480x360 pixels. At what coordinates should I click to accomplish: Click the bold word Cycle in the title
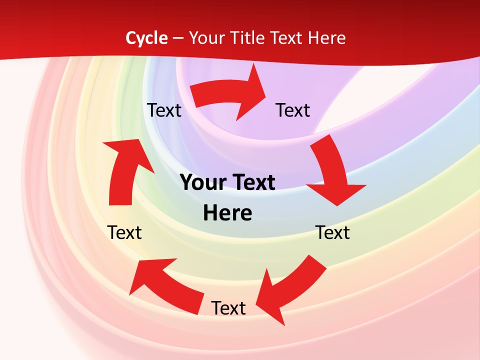146,38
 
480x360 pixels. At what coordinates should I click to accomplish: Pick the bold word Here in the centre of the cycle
227,213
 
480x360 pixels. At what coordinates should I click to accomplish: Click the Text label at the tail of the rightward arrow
164,110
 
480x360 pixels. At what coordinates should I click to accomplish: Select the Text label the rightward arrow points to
293,110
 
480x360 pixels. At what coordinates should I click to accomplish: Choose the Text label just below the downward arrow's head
332,232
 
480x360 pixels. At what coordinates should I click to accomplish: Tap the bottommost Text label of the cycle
228,308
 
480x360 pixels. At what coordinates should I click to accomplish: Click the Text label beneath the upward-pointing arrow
125,232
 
